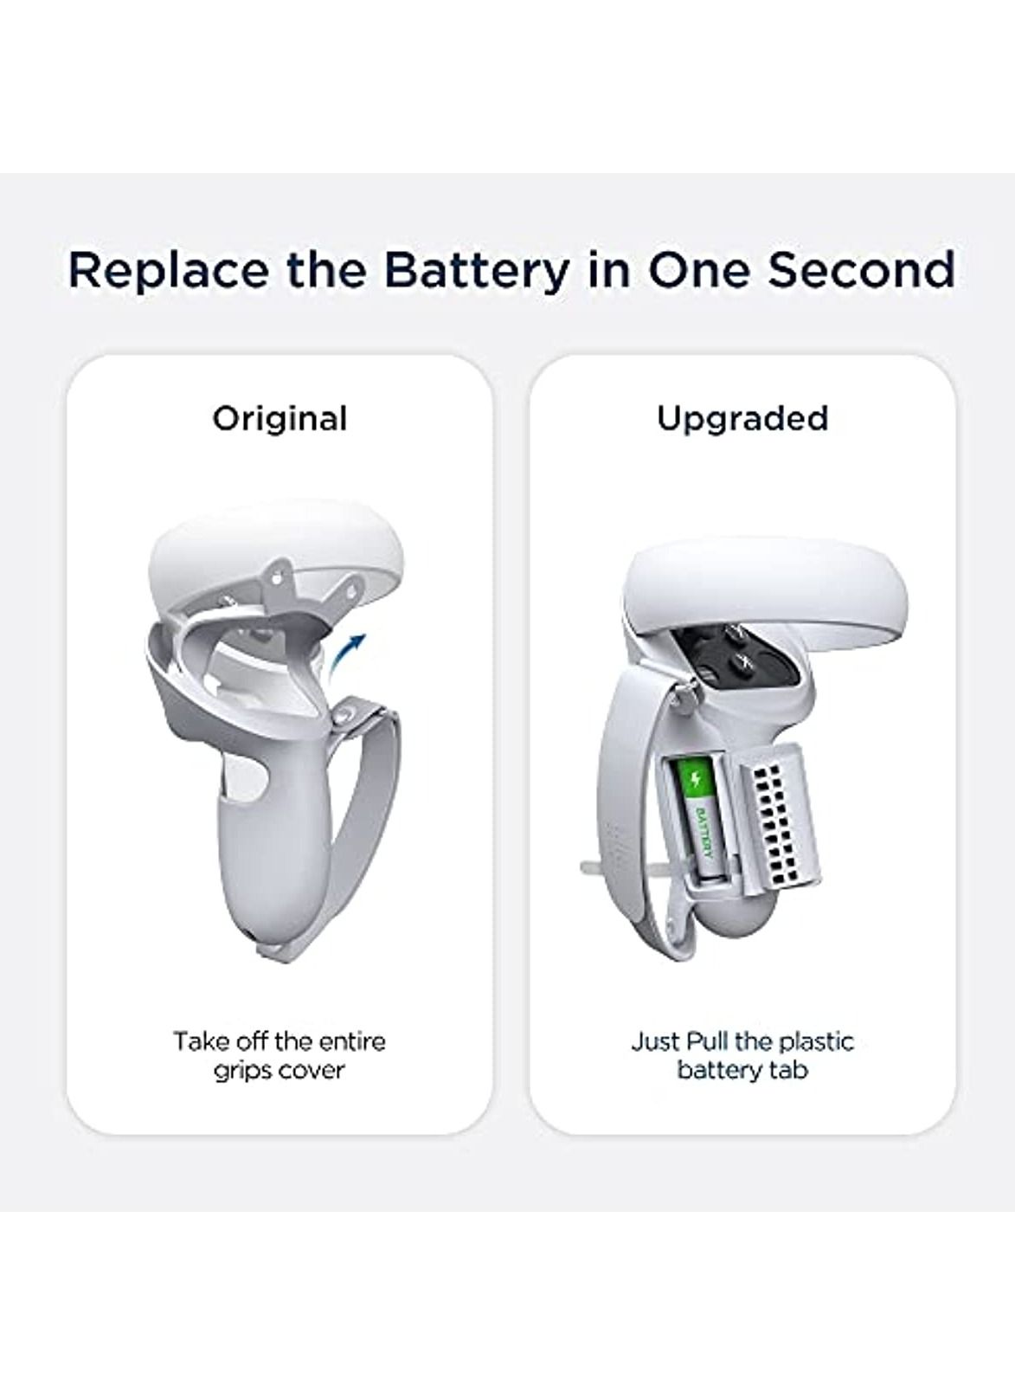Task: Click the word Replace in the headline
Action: point(168,269)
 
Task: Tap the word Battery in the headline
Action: point(476,269)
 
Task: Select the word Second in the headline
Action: point(861,269)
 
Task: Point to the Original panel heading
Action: point(279,419)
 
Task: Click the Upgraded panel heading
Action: point(742,419)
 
